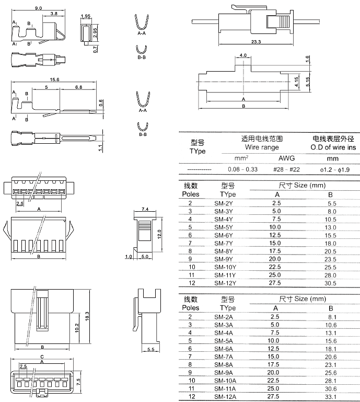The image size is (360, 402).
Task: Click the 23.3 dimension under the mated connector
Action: tap(256, 41)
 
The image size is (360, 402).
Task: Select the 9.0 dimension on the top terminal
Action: tap(38, 8)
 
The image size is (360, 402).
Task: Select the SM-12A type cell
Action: tap(225, 396)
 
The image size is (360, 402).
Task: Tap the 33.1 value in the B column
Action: tap(331, 396)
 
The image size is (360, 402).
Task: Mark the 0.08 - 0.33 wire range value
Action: tap(243, 169)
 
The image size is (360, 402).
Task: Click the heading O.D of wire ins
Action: tap(332, 147)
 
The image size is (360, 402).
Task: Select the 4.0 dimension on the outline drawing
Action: tap(243, 55)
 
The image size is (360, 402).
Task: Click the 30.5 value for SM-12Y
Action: tap(331, 283)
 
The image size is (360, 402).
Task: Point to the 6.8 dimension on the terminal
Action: tap(78, 87)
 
